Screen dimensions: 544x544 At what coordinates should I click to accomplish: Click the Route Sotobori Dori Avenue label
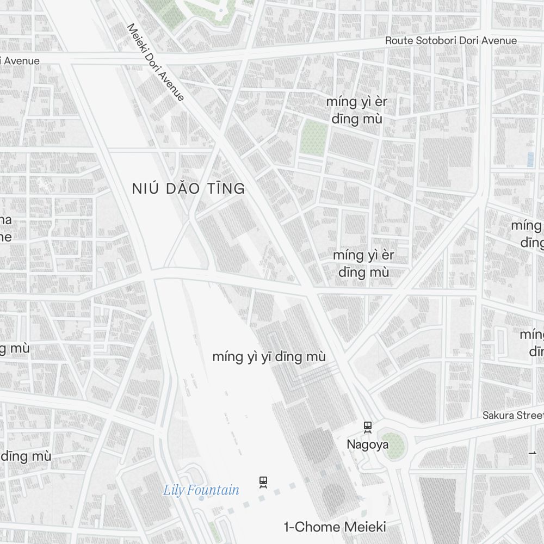tap(451, 41)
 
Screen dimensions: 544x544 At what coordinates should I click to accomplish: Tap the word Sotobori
tap(440, 41)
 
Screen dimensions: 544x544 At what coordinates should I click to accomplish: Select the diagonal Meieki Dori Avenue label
tap(155, 61)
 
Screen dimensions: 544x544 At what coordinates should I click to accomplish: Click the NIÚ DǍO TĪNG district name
tap(188, 189)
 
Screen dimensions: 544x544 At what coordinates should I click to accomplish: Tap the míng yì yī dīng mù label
tap(269, 357)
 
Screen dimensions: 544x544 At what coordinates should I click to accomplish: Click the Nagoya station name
tap(368, 445)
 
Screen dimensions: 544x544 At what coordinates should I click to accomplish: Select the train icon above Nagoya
tap(368, 427)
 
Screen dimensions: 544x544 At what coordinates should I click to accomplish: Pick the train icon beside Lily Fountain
tap(264, 482)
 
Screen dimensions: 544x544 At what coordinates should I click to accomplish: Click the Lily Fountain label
tap(201, 490)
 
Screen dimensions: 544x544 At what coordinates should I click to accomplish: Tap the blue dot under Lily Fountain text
tap(202, 498)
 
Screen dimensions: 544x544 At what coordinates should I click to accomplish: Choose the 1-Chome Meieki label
tap(335, 527)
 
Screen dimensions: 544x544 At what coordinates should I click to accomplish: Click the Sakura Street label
tap(512, 416)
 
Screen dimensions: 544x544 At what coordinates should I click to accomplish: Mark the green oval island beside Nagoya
tap(393, 445)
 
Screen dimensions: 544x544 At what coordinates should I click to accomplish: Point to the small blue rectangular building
tap(530, 159)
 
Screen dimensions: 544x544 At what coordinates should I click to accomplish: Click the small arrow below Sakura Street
tap(532, 453)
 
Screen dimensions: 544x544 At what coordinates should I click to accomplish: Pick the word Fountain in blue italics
tap(214, 490)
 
